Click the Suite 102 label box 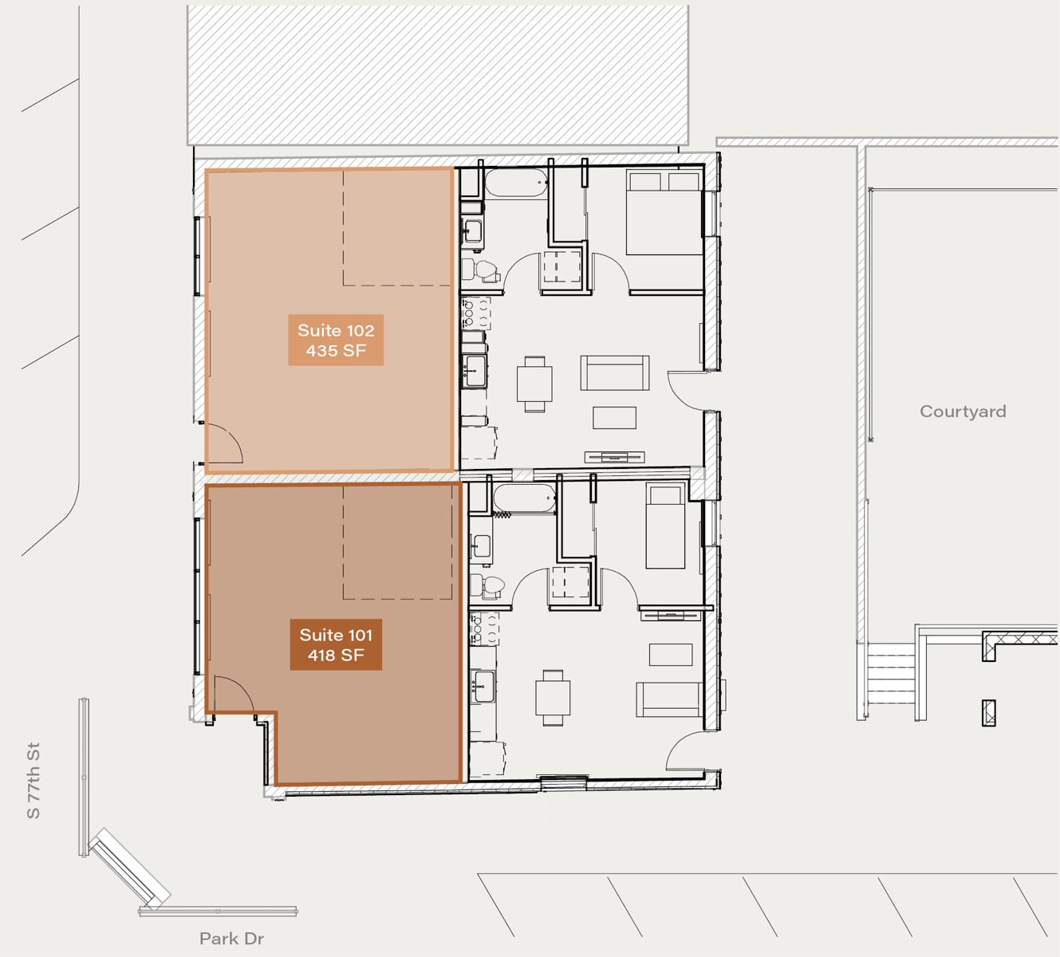(336, 340)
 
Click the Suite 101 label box (336, 644)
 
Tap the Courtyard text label (963, 412)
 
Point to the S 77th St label (33, 781)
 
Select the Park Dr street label (231, 939)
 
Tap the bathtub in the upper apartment (516, 183)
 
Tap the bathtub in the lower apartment (525, 498)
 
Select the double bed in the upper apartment (664, 211)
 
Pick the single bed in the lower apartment (665, 527)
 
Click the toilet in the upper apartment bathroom (483, 270)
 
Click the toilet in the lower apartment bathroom (489, 586)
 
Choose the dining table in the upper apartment (534, 384)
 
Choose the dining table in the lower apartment (553, 698)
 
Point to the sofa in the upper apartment (615, 372)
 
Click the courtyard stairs (891, 673)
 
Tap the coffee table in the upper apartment (614, 417)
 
